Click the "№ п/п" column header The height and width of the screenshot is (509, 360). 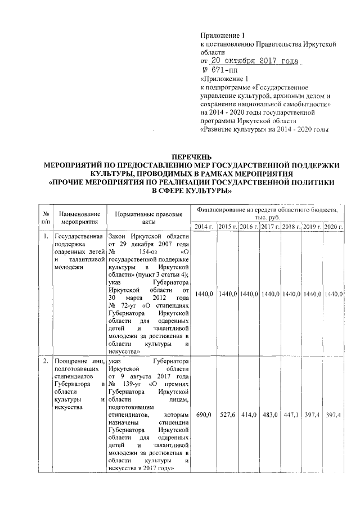tap(44, 218)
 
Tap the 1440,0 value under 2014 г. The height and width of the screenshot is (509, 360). tap(204, 294)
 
